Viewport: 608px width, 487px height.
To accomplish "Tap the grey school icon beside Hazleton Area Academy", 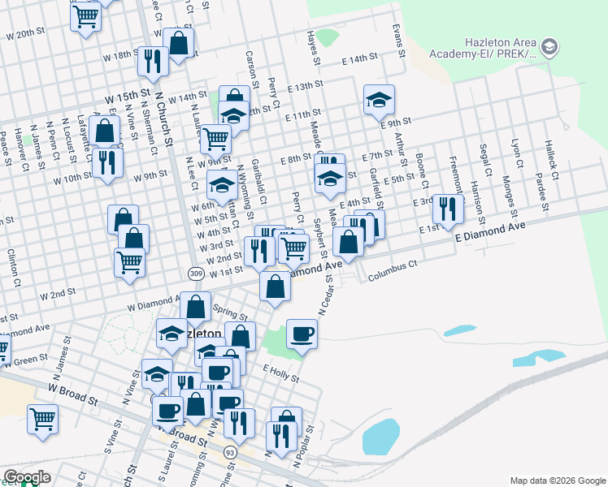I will [549, 47].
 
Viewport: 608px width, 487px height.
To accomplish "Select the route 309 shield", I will [195, 274].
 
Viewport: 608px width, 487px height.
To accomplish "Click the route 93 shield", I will [231, 452].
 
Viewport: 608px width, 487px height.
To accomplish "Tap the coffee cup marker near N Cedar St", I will [302, 334].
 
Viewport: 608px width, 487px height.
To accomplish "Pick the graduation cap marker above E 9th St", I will [379, 99].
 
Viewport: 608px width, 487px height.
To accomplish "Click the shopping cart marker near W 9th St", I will [215, 138].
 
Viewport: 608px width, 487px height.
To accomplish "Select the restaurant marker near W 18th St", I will [152, 59].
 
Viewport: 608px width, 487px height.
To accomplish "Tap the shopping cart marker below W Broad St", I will [42, 419].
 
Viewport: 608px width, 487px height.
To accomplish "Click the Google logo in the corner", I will [27, 477].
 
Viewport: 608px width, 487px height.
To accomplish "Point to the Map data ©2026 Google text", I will [558, 481].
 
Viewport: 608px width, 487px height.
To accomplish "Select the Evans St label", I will [398, 40].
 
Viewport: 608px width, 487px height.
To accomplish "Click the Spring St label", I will [230, 311].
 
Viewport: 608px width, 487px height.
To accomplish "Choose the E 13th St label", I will [305, 85].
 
